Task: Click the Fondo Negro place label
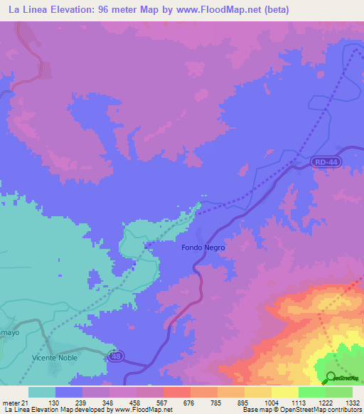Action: pos(203,248)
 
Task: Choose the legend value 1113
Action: pos(299,402)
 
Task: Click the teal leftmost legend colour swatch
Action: pos(42,392)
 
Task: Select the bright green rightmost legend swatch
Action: pos(339,392)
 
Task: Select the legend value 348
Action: pos(109,402)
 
